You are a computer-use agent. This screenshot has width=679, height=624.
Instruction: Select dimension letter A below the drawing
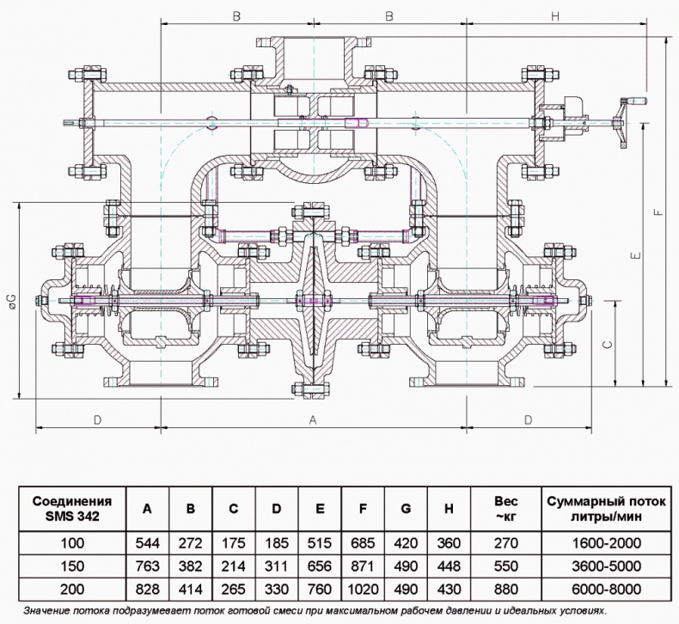click(313, 419)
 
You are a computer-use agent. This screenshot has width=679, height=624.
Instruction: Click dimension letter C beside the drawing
click(607, 343)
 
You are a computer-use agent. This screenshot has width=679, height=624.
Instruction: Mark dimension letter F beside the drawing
click(658, 212)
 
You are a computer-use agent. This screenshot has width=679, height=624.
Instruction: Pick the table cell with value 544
click(147, 543)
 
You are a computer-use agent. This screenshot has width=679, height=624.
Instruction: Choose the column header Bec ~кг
click(505, 508)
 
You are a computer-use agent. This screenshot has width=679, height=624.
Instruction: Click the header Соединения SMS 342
click(71, 508)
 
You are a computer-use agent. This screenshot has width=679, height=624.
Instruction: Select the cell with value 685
click(363, 543)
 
